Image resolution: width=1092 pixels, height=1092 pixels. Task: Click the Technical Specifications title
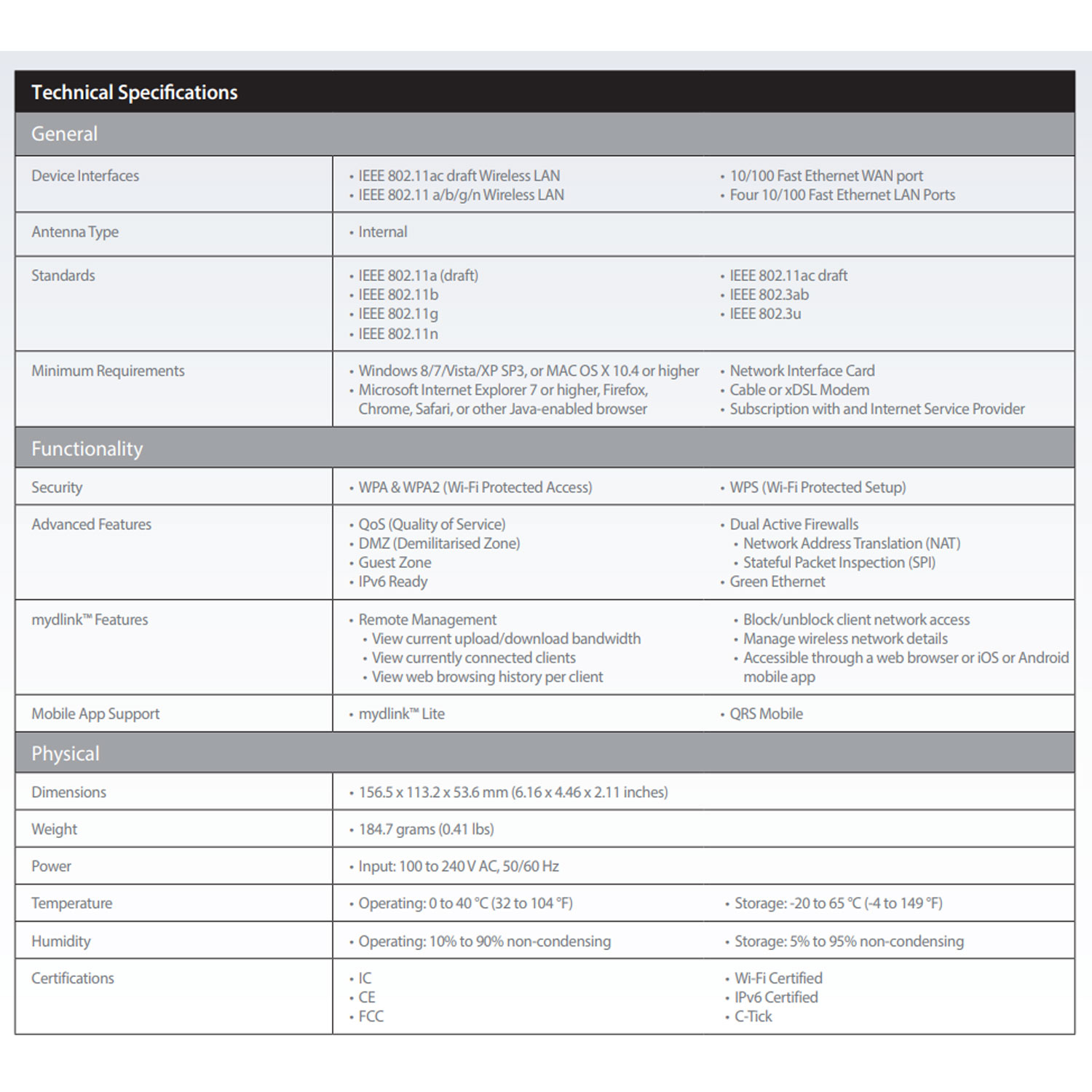click(x=135, y=92)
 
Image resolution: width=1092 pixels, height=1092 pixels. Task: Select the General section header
click(x=64, y=134)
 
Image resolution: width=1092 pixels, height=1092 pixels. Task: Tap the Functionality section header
click(x=87, y=448)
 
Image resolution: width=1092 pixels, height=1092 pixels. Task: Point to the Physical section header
click(x=65, y=753)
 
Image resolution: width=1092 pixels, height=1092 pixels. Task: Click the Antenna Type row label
click(x=75, y=232)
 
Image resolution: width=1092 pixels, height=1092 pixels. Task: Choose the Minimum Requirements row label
click(x=108, y=371)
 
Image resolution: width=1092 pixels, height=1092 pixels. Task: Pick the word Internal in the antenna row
click(x=382, y=232)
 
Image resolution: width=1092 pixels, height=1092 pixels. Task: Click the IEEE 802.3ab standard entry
click(x=769, y=295)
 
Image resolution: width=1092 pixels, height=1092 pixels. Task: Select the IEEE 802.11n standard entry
click(x=398, y=333)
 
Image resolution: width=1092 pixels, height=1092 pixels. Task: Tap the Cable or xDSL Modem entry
click(x=799, y=390)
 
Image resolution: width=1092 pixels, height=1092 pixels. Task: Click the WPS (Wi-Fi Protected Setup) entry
click(x=818, y=487)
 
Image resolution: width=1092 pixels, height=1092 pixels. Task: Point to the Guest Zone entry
click(x=395, y=563)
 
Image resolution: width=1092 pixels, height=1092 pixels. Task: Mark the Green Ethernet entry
click(x=778, y=582)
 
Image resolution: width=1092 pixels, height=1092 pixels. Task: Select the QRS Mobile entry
click(x=766, y=714)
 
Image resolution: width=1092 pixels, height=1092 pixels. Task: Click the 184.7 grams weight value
click(x=426, y=829)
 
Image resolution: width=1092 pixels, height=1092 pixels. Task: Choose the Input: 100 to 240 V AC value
click(x=459, y=866)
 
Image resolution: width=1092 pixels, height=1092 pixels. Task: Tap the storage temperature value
click(x=838, y=903)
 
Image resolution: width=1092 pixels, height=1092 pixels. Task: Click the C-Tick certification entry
click(x=753, y=1016)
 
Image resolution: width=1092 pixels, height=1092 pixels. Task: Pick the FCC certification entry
click(x=371, y=1016)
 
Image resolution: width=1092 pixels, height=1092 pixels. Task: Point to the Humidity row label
click(x=61, y=941)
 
